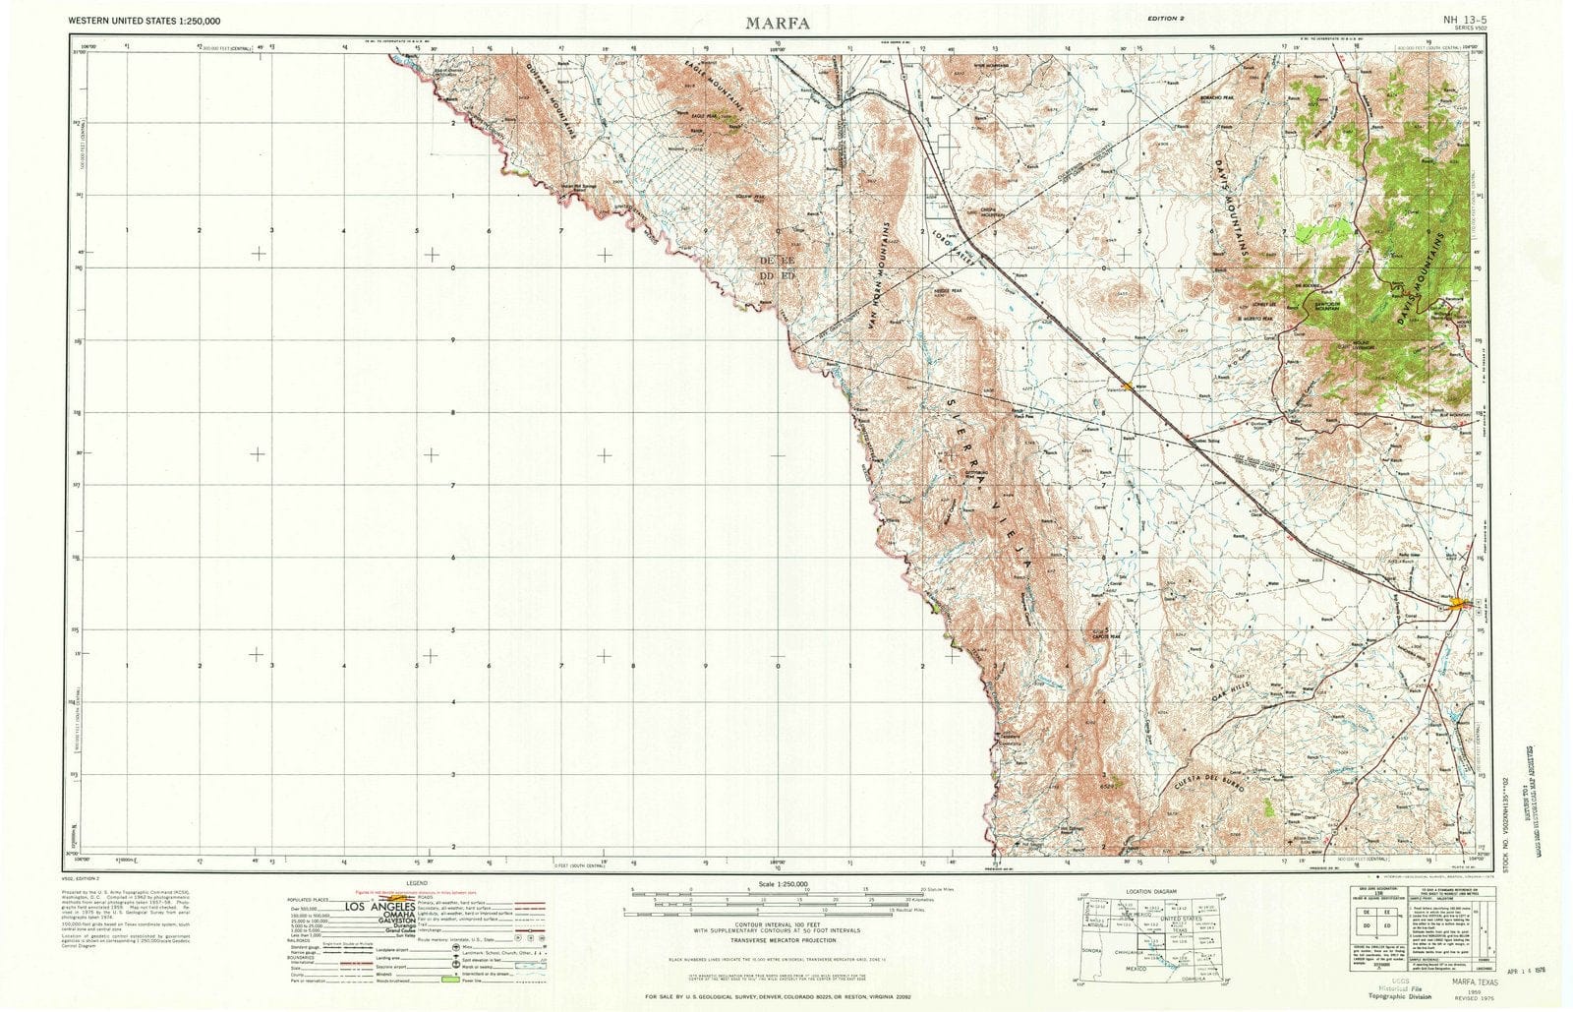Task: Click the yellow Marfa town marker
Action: click(x=1464, y=603)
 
